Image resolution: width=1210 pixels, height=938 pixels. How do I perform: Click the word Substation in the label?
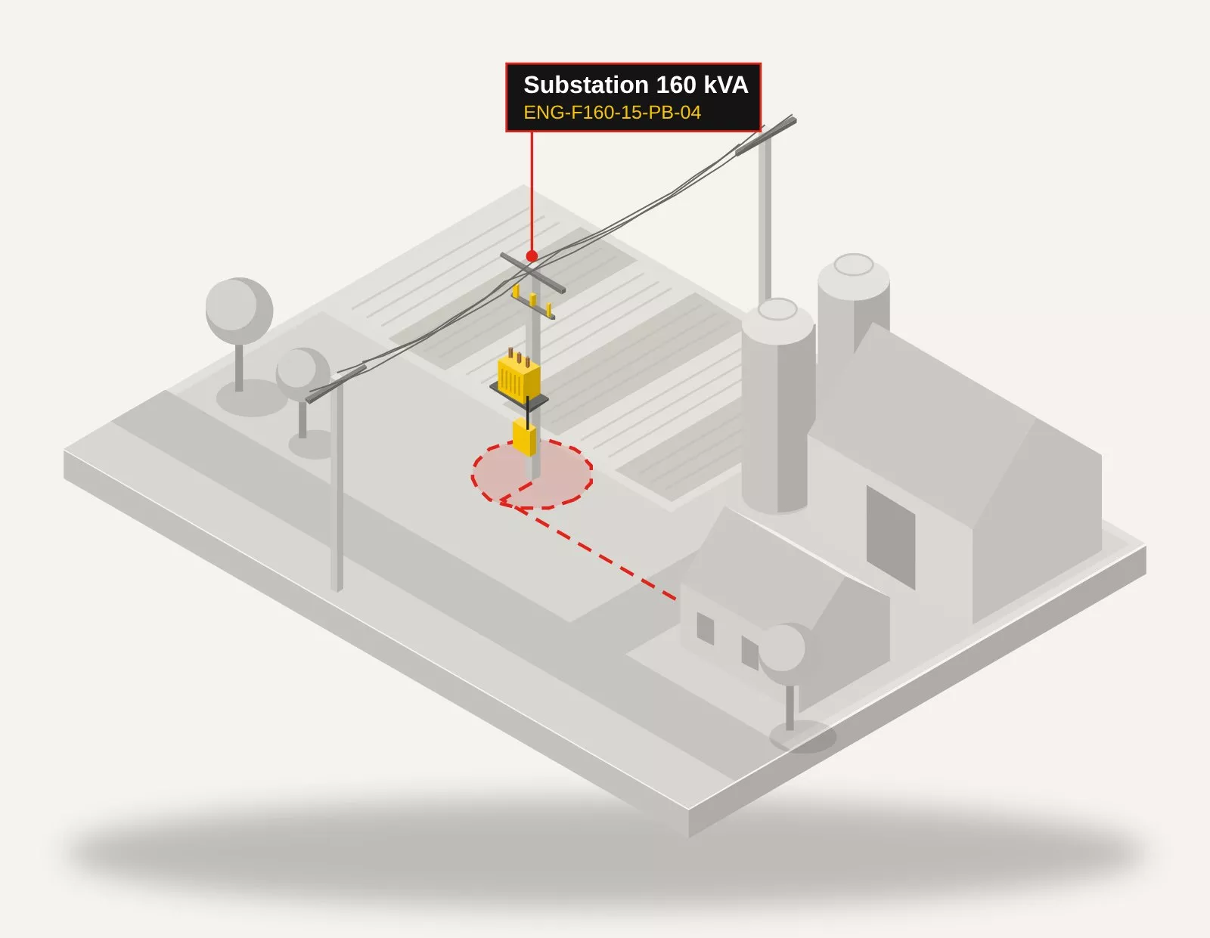pos(586,85)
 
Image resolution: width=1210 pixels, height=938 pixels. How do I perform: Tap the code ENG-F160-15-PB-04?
pos(612,113)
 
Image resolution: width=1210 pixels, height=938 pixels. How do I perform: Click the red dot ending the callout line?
pos(532,256)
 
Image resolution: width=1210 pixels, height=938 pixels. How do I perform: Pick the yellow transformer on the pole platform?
pos(519,375)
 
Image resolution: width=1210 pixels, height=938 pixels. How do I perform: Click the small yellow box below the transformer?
pos(525,438)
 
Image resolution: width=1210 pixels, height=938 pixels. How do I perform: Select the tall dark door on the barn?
pos(890,538)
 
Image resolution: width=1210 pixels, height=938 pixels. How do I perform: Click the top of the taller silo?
pos(854,265)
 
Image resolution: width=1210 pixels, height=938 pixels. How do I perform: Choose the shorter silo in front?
pos(777,406)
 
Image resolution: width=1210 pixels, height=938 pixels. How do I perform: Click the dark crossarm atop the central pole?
pos(532,273)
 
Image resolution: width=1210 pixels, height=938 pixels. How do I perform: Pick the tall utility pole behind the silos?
pos(765,217)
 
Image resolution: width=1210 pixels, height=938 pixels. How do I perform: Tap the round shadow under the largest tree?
pos(252,398)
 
